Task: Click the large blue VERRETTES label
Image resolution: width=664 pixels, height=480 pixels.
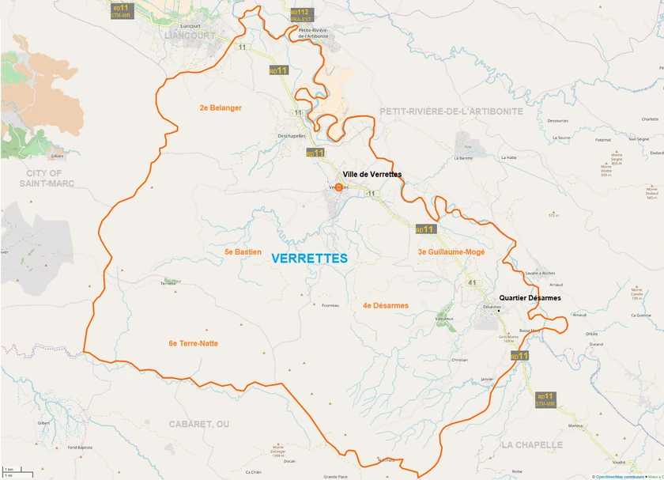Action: coord(309,259)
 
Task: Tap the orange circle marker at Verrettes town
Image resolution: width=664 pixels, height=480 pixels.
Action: coord(339,187)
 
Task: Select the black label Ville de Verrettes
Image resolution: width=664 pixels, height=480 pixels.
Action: coord(372,174)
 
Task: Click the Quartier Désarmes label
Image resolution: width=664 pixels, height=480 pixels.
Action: coord(530,298)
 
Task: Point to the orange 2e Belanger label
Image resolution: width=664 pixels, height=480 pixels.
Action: coord(221,108)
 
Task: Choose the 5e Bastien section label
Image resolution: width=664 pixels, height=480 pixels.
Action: coord(243,251)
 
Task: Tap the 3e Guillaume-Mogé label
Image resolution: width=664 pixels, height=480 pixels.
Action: coord(451,251)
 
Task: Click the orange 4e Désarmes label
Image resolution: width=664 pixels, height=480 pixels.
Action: coord(385,305)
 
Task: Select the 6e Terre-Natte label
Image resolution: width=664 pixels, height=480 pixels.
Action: coord(193,343)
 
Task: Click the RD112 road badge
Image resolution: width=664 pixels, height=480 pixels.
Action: coord(300,14)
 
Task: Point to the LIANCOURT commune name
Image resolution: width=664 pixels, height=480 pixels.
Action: coord(189,36)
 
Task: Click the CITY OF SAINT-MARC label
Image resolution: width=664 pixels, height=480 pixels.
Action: coord(43,178)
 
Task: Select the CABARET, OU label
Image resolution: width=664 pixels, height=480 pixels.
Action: coord(198,424)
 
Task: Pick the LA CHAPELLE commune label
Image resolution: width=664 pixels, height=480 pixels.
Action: coord(531,444)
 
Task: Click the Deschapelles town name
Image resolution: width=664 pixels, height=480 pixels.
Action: coord(291,136)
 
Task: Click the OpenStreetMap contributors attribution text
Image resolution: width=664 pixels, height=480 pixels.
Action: coord(620,477)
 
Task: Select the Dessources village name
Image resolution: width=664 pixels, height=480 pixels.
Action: coord(557,121)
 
